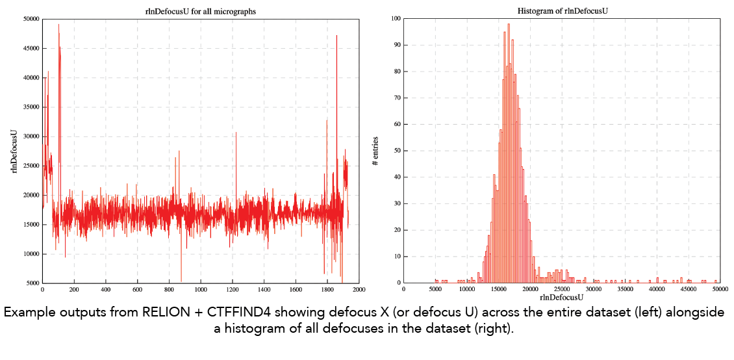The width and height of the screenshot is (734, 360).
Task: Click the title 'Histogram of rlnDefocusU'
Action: click(562, 10)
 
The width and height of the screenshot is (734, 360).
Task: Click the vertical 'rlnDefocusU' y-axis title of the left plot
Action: click(14, 151)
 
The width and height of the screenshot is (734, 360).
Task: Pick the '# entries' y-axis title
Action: click(375, 151)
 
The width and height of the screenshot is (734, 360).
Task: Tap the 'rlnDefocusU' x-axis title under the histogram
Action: click(562, 297)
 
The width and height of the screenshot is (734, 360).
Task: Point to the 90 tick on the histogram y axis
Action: click(395, 45)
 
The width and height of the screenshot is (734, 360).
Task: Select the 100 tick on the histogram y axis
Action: click(394, 19)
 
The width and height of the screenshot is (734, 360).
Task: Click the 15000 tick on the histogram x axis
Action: click(499, 289)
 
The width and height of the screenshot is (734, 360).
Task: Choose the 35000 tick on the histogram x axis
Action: click(626, 289)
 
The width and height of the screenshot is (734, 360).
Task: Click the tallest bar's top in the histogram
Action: click(509, 24)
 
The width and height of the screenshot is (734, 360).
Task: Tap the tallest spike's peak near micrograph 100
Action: click(58, 24)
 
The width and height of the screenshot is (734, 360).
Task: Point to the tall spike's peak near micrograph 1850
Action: click(336, 35)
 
